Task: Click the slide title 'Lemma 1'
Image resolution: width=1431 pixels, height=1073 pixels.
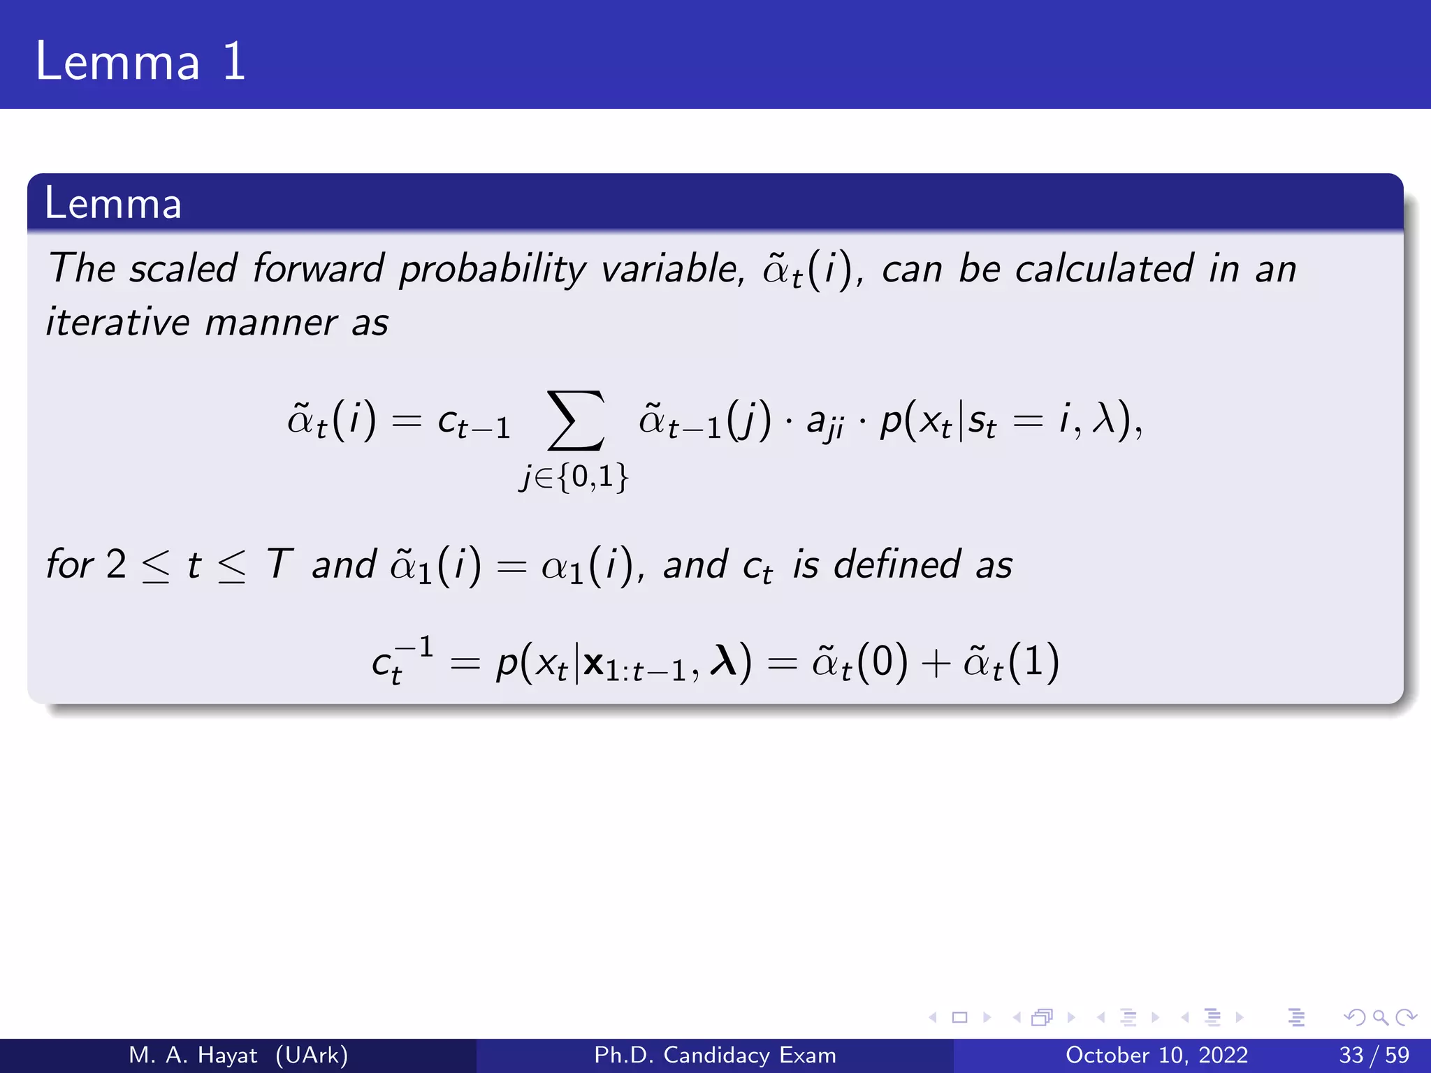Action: point(140,61)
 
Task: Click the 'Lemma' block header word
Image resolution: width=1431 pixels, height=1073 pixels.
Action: point(113,203)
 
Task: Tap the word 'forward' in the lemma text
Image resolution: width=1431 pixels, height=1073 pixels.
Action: point(318,268)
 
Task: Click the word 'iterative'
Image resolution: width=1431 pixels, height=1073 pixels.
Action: point(117,323)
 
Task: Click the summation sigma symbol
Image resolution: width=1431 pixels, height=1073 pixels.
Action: point(575,421)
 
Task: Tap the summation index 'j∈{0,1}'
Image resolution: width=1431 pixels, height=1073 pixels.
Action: point(574,477)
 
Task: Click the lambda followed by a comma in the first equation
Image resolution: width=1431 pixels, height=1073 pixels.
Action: point(1105,420)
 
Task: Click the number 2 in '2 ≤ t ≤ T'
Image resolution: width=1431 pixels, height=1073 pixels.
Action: point(116,564)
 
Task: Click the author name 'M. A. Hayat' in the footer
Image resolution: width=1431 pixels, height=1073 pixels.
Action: point(193,1055)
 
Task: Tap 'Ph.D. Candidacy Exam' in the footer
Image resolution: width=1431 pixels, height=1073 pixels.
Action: point(715,1055)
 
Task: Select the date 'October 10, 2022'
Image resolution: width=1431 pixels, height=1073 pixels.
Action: point(1156,1055)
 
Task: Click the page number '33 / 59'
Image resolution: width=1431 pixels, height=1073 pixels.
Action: point(1374,1055)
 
